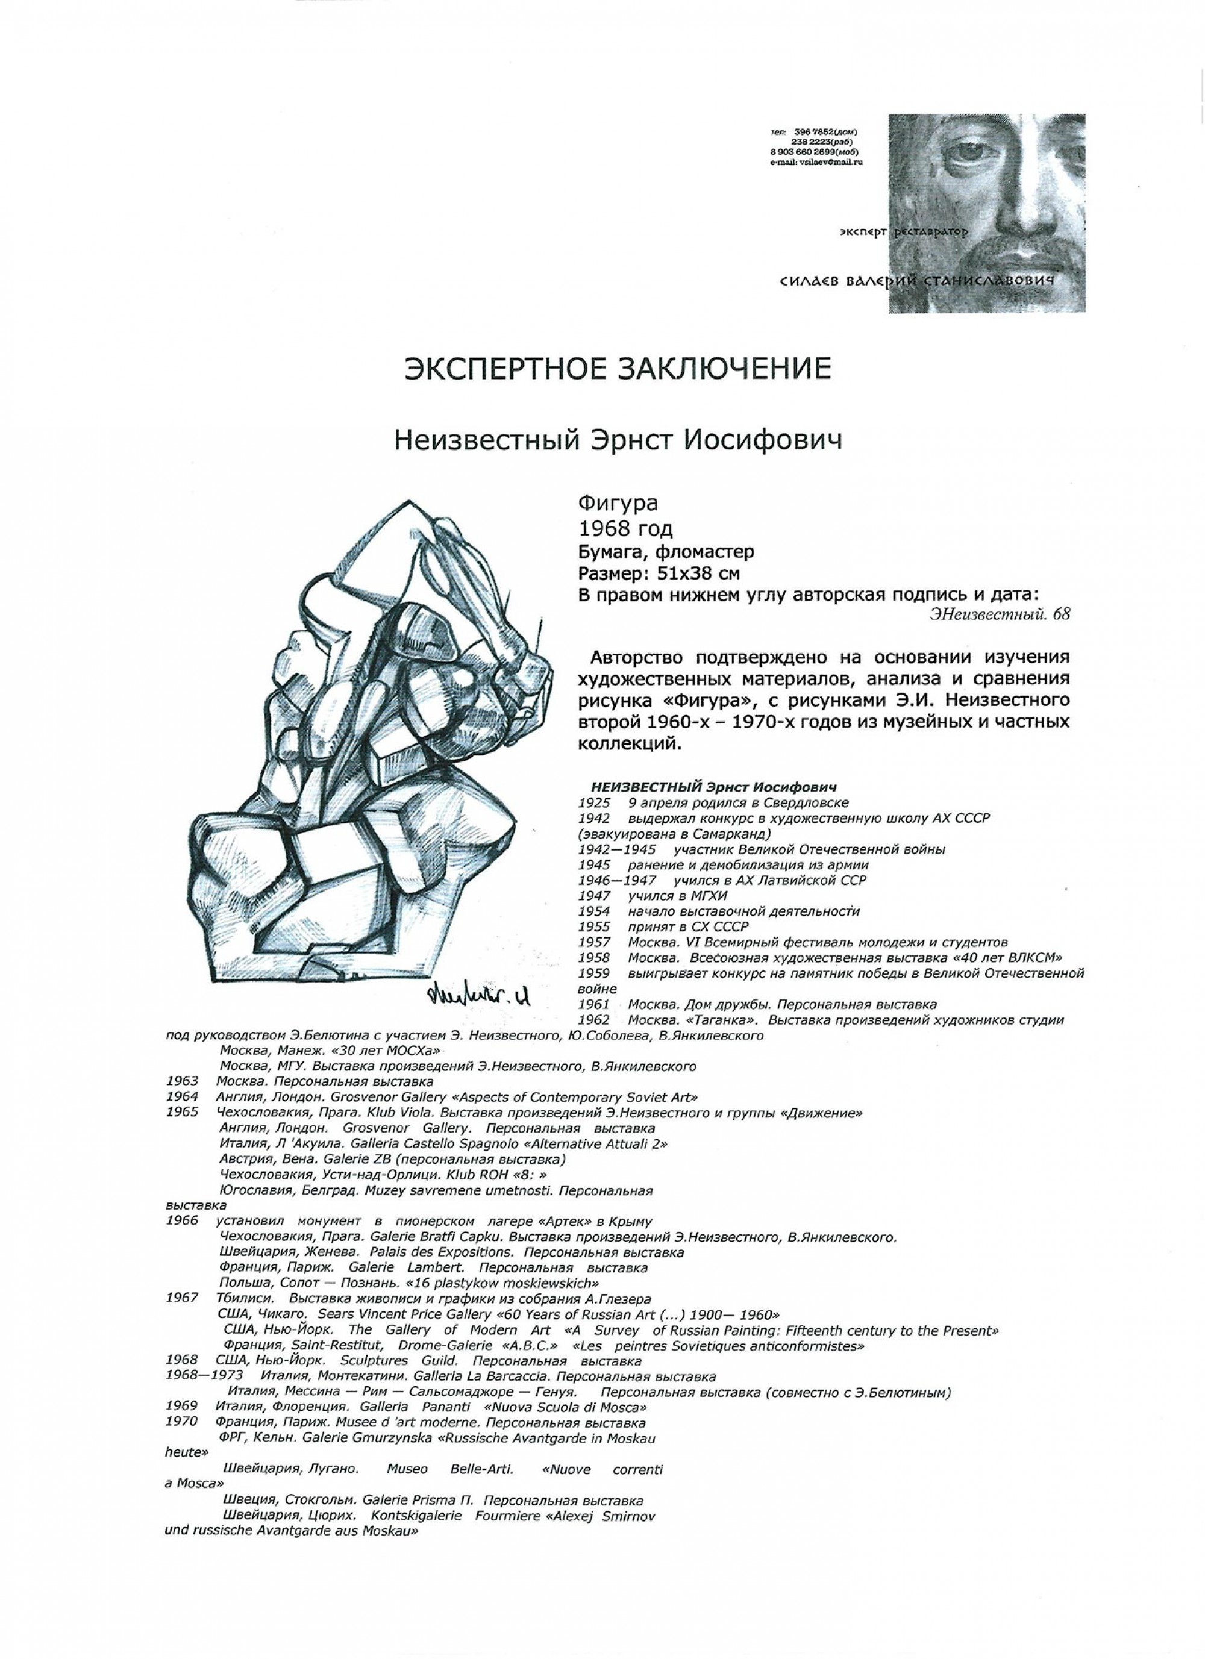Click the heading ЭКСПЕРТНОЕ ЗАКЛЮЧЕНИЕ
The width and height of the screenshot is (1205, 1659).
pyautogui.click(x=618, y=369)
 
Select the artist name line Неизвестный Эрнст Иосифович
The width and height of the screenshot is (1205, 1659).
pyautogui.click(x=618, y=441)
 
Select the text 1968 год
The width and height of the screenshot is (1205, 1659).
pyautogui.click(x=625, y=528)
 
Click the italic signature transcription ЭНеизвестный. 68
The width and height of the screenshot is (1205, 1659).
pyautogui.click(x=1000, y=614)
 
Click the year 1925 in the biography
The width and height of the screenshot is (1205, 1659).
pyautogui.click(x=593, y=802)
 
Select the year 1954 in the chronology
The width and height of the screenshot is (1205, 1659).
pyautogui.click(x=593, y=911)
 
